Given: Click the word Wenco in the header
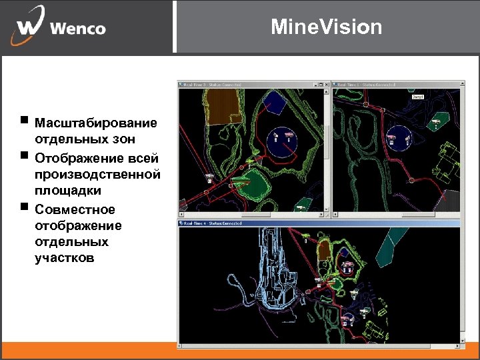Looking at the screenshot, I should pos(77,29).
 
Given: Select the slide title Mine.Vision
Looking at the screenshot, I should pos(327,27).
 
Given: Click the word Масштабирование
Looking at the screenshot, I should pos(96,123).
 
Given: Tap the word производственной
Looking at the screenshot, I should pos(97,174).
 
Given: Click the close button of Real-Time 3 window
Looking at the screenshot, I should pos(327,85).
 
